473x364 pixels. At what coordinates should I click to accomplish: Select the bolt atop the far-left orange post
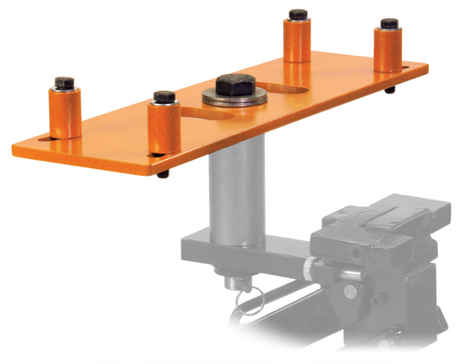click(65, 83)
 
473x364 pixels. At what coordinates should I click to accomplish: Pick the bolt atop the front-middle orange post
click(164, 97)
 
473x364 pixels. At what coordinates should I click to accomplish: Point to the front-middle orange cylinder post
click(164, 128)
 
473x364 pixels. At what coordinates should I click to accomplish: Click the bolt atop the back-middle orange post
click(297, 16)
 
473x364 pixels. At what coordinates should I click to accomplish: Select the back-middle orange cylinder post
click(297, 42)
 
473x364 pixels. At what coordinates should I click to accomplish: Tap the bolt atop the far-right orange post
click(388, 24)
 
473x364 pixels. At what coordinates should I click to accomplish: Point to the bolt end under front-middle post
click(163, 174)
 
